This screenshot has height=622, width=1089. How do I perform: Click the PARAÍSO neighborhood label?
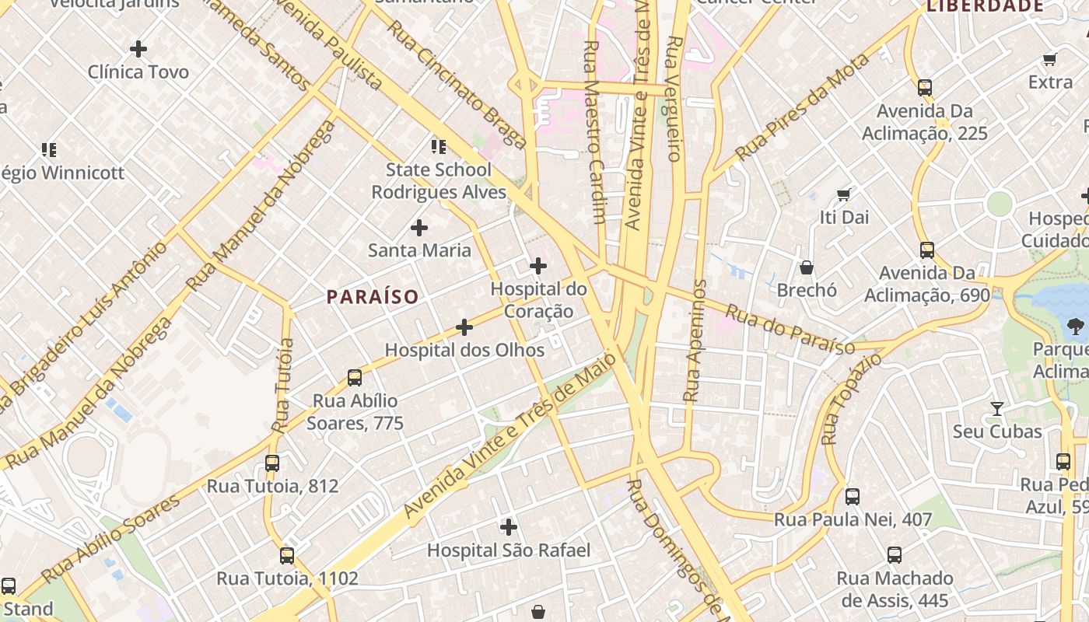pyautogui.click(x=373, y=296)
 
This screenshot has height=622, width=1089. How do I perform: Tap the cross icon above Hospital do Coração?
pyautogui.click(x=537, y=266)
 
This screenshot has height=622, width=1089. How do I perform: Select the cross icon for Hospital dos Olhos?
pyautogui.click(x=464, y=327)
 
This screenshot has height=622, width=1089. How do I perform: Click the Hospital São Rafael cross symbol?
pyautogui.click(x=509, y=527)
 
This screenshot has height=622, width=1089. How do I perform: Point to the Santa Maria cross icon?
pyautogui.click(x=419, y=228)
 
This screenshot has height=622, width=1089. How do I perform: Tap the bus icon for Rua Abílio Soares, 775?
pyautogui.click(x=355, y=378)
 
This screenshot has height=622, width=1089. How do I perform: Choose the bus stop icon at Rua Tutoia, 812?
pyautogui.click(x=272, y=463)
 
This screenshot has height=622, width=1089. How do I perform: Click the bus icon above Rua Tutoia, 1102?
pyautogui.click(x=287, y=556)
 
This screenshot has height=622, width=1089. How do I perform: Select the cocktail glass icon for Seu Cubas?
pyautogui.click(x=996, y=408)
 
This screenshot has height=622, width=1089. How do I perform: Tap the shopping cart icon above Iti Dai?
pyautogui.click(x=844, y=194)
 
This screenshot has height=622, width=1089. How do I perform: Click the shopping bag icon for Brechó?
pyautogui.click(x=807, y=267)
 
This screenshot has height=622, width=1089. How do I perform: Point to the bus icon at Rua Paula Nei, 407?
pyautogui.click(x=853, y=497)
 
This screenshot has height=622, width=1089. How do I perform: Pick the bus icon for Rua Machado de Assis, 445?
pyautogui.click(x=895, y=555)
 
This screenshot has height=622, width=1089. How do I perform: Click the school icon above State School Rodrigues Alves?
pyautogui.click(x=439, y=146)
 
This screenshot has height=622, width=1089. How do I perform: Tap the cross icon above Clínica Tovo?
pyautogui.click(x=138, y=49)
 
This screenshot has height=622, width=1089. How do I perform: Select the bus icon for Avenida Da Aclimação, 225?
pyautogui.click(x=925, y=88)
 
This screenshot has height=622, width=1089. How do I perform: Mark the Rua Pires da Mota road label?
pyautogui.click(x=802, y=107)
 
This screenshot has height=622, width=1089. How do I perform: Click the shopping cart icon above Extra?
pyautogui.click(x=1049, y=59)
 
